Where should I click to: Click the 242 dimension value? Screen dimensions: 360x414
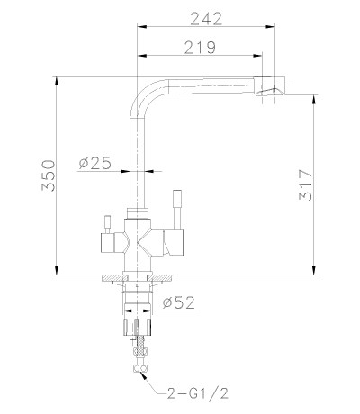(206, 19)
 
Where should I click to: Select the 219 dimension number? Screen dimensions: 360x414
(200, 47)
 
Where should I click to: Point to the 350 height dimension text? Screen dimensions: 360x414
(49, 175)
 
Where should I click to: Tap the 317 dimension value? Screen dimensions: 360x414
(306, 185)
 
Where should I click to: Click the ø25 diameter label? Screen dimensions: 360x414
(95, 163)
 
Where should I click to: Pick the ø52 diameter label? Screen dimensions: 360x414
(178, 302)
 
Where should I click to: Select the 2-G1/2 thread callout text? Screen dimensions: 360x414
(197, 392)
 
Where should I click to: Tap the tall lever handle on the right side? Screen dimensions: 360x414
(177, 209)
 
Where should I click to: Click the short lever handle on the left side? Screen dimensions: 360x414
(107, 224)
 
